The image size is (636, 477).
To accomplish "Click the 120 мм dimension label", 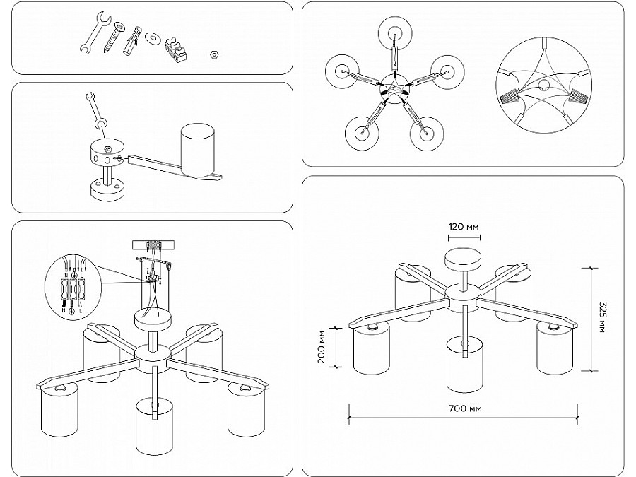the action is click(464, 227).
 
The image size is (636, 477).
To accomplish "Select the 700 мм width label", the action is click(465, 408).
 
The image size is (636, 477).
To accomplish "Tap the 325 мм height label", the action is click(601, 317).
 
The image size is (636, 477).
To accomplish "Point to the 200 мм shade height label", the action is click(322, 347).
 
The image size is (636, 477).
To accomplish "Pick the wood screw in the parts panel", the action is click(113, 37).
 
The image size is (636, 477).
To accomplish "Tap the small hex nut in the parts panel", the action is click(214, 54).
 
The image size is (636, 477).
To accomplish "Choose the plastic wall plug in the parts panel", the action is click(132, 41).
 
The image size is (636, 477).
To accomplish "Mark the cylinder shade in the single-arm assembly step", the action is click(198, 151).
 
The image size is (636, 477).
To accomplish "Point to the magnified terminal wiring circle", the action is click(73, 286).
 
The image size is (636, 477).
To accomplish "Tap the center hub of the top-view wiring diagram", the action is click(394, 88).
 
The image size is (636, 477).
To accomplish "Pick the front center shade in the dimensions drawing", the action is click(465, 366).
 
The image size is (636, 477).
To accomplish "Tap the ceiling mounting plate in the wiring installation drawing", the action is click(153, 245).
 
